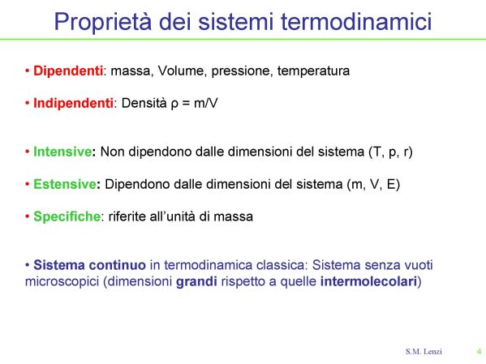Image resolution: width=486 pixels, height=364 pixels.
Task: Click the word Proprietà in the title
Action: click(x=103, y=22)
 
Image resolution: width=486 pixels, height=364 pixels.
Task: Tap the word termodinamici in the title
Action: click(x=356, y=21)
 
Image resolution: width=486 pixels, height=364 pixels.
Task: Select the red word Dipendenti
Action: click(x=68, y=71)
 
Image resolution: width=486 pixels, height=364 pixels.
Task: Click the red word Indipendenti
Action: click(x=73, y=103)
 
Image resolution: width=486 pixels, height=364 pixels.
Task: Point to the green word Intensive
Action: click(x=62, y=152)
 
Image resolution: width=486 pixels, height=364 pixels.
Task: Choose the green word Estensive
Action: click(x=65, y=184)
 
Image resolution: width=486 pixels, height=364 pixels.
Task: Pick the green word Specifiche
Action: click(x=67, y=216)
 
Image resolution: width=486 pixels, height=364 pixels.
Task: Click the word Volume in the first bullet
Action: click(x=181, y=71)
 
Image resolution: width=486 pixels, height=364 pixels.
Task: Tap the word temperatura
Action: click(x=313, y=71)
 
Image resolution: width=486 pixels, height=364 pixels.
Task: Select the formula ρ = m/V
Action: click(x=195, y=103)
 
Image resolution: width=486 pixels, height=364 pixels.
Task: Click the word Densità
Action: click(x=144, y=103)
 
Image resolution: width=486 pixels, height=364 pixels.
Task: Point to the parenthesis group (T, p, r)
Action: click(x=390, y=152)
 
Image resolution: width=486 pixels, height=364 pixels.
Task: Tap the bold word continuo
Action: click(x=117, y=265)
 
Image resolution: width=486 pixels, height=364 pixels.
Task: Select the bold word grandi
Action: click(x=196, y=281)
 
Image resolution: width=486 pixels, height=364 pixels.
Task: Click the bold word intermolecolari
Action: click(x=368, y=281)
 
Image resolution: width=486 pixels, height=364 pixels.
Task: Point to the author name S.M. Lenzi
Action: click(x=424, y=352)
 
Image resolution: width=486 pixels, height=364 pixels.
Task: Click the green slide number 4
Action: click(x=480, y=352)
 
